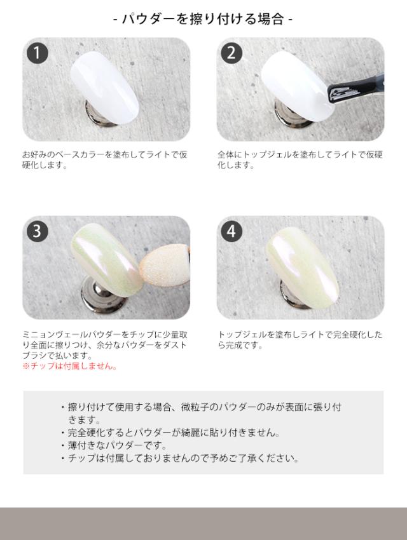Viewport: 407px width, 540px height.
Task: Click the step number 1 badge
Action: (38, 54)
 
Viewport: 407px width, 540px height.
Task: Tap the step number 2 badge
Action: (231, 54)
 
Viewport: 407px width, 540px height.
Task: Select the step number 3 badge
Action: (38, 232)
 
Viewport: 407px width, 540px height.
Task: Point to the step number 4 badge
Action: (231, 232)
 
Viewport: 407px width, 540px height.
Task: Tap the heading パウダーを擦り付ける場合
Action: (203, 19)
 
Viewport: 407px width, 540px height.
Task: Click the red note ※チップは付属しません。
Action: (69, 367)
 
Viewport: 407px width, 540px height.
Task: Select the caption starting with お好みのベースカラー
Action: (105, 160)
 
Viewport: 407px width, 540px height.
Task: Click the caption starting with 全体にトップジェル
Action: (300, 160)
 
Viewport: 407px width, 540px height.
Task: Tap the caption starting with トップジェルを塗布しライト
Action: (300, 340)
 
